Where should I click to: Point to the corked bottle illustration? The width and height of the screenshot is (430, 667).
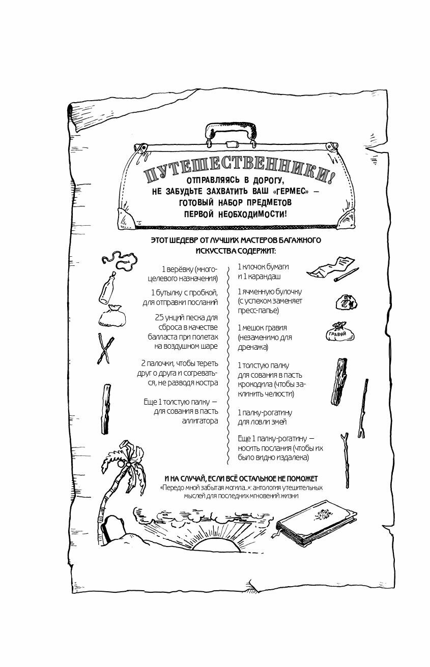[x=107, y=288]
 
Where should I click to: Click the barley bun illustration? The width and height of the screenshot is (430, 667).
[x=346, y=302]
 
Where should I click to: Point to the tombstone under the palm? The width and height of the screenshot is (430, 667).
[x=111, y=531]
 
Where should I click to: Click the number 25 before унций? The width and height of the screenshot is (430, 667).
[x=161, y=317]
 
